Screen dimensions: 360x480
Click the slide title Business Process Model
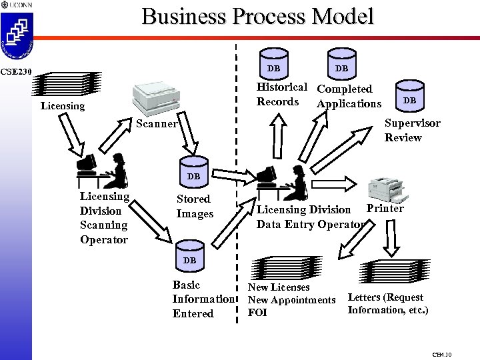(x=257, y=16)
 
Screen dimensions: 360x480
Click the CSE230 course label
(x=15, y=71)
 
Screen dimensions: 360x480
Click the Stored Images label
(x=194, y=206)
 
